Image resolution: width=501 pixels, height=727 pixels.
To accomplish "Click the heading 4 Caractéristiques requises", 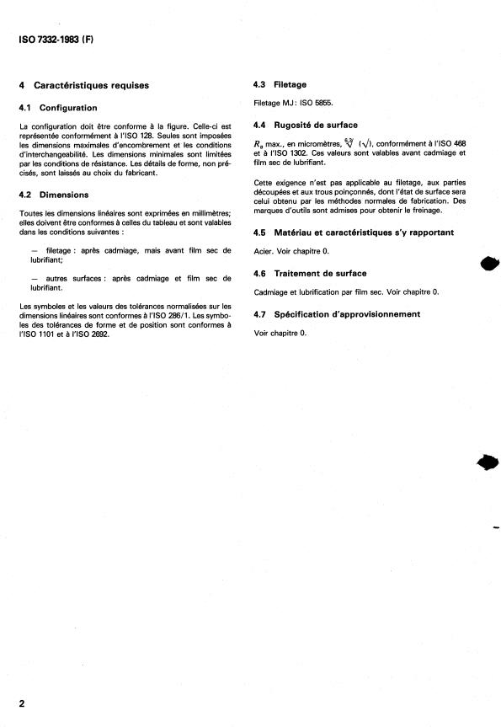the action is pyautogui.click(x=83, y=85).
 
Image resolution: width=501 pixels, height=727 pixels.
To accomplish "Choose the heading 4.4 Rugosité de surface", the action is pyautogui.click(x=306, y=125).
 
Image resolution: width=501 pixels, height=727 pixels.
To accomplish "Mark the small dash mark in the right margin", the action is pyautogui.click(x=495, y=528).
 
